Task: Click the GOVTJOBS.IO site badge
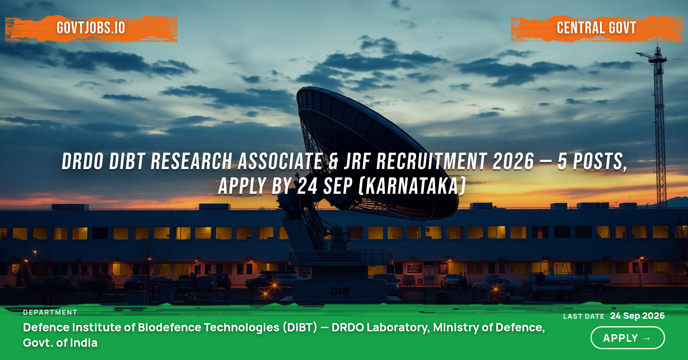coord(91,28)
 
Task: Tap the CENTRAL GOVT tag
coord(597,28)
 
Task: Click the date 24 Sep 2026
coord(637,316)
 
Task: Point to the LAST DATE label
coord(584,316)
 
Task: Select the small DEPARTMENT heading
coord(50,312)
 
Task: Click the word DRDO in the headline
coord(83,162)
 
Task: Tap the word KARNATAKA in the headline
coord(412,186)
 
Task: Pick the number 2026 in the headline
coord(513,162)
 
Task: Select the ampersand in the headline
coord(333,162)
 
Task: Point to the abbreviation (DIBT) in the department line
coord(300,327)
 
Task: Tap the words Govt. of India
coord(60,343)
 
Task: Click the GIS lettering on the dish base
coord(340,292)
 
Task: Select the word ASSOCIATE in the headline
coord(280,162)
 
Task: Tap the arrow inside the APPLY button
coord(647,338)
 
